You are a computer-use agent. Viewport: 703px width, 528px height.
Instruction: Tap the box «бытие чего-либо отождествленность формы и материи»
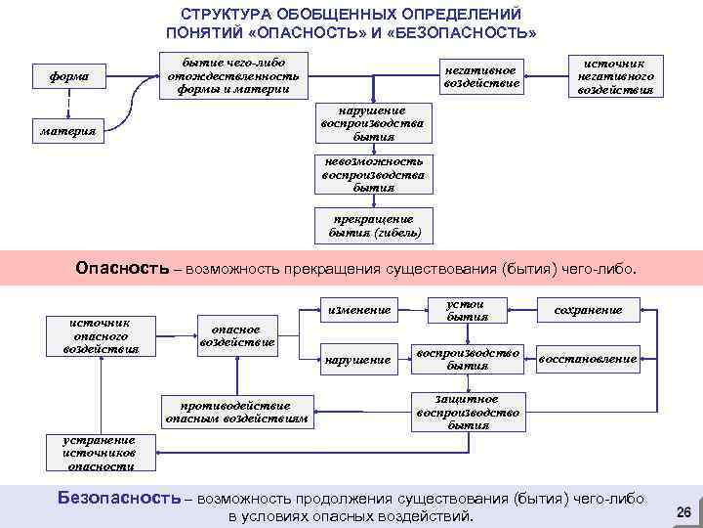pos(232,75)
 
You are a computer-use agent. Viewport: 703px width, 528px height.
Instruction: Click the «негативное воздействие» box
pos(481,75)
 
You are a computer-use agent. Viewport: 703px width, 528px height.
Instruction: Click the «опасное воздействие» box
pos(236,334)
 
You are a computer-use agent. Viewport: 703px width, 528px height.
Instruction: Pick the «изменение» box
pos(359,310)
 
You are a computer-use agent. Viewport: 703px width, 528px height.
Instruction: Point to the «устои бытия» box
pos(467,310)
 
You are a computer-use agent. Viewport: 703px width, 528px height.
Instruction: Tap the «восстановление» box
pos(588,359)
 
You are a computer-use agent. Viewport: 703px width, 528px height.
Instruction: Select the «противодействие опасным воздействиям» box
pos(236,412)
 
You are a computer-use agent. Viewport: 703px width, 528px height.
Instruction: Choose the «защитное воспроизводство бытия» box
pos(467,412)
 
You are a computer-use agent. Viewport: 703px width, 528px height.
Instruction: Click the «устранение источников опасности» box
pos(96,451)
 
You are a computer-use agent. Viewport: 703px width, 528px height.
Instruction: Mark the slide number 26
pos(682,512)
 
